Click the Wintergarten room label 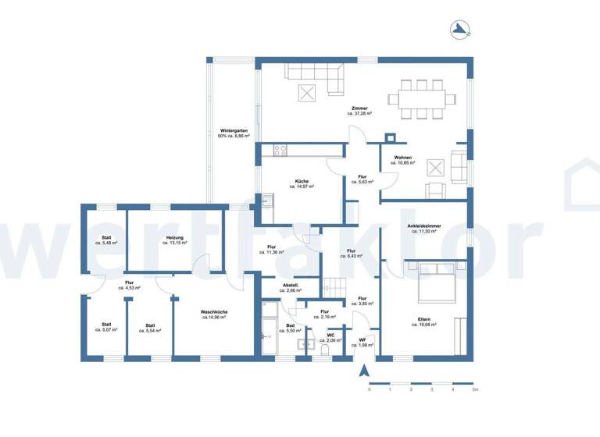(x=234, y=131)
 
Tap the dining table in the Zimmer (x=427, y=99)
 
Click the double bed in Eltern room (x=435, y=282)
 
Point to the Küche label (x=302, y=182)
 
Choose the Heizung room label (x=174, y=238)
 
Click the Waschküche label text (x=214, y=312)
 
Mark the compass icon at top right (x=460, y=30)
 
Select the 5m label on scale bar (x=473, y=389)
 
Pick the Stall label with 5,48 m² (x=106, y=238)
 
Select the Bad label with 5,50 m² (x=289, y=325)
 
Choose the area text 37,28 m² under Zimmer (x=359, y=113)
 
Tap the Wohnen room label (x=403, y=158)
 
